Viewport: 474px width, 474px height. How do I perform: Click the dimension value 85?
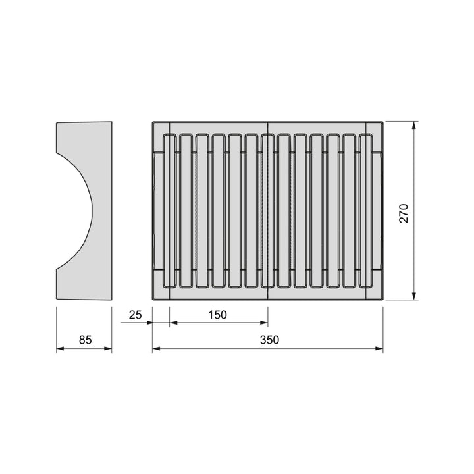[85, 340]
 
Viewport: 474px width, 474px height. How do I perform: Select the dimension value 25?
[135, 315]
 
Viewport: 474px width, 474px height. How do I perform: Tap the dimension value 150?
[217, 315]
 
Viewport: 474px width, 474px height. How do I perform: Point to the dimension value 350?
[269, 340]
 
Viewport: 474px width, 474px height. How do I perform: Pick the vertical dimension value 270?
[404, 213]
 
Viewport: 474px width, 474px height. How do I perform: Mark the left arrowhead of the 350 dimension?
[156, 348]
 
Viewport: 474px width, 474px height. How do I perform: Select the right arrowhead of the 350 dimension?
[379, 348]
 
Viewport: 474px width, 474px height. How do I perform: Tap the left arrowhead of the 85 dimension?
[61, 348]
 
